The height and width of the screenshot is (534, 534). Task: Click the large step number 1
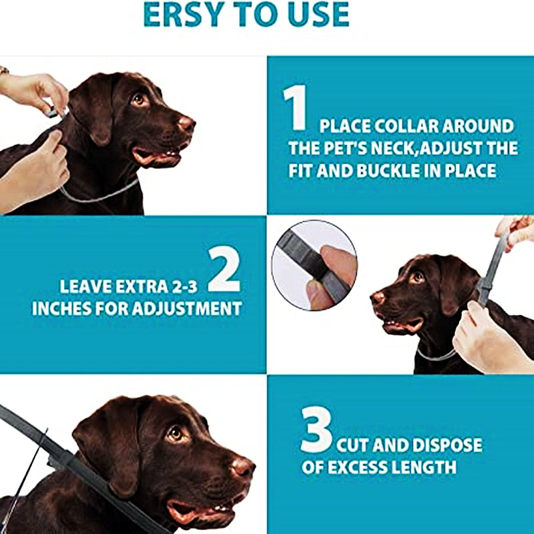click(x=295, y=109)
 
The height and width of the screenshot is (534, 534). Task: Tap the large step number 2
click(x=224, y=269)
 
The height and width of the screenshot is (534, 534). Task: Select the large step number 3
click(x=316, y=432)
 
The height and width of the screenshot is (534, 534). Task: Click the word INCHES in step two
click(x=63, y=308)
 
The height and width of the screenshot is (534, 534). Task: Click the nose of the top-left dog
click(x=186, y=123)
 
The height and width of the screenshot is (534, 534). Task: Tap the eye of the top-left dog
click(x=139, y=99)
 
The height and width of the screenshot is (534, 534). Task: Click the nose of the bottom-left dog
click(x=242, y=466)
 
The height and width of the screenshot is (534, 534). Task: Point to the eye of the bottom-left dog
click(x=176, y=434)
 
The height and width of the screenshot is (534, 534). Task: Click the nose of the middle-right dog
click(x=378, y=298)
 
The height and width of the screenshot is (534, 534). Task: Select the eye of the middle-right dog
click(x=419, y=276)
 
